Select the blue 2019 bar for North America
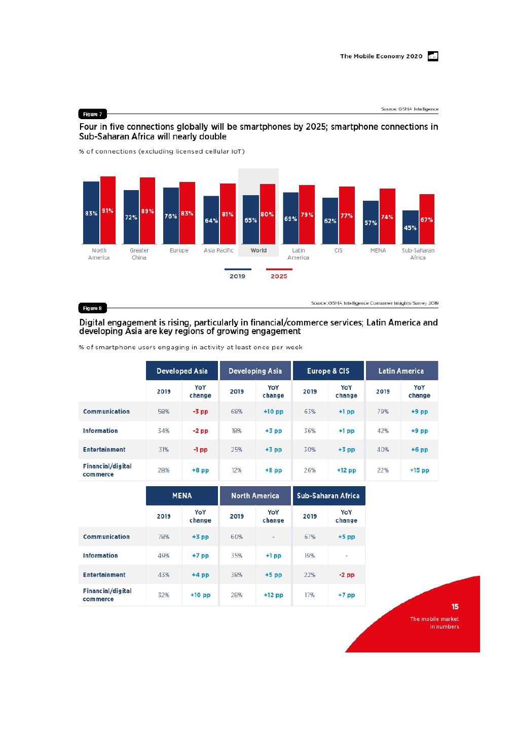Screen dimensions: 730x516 (x=91, y=213)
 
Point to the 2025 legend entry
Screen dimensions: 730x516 (x=279, y=276)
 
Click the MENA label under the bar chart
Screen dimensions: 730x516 (x=378, y=250)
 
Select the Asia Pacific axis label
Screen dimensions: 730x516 (x=218, y=250)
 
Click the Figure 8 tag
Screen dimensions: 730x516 (x=92, y=308)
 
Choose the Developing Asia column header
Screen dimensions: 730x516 (x=255, y=371)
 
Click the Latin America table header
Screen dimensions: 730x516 (x=401, y=371)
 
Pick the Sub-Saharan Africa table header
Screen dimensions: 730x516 (x=328, y=496)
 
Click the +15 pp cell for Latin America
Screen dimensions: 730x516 (x=419, y=470)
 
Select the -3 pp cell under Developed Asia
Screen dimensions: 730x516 (x=200, y=412)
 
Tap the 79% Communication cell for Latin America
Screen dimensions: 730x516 (x=383, y=412)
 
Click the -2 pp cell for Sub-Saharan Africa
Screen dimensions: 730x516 (x=346, y=575)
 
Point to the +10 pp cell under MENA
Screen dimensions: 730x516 (x=200, y=595)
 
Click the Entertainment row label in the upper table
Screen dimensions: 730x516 (x=104, y=450)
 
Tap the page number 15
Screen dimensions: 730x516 (x=455, y=607)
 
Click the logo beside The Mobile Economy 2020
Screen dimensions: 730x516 (x=433, y=56)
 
